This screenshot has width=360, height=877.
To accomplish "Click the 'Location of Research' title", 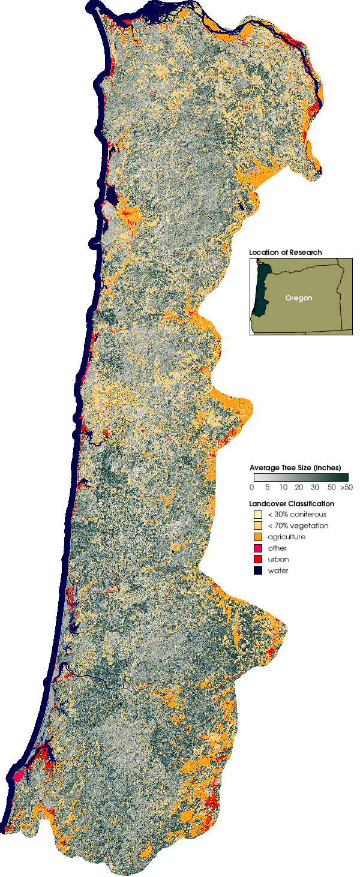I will click(285, 253).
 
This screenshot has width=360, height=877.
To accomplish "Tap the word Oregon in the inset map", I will click(298, 298).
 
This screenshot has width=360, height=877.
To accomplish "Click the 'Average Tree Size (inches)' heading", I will click(295, 467).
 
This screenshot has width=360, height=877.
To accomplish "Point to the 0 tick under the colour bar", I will click(251, 488).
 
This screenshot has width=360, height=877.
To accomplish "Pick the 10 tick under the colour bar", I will click(282, 488).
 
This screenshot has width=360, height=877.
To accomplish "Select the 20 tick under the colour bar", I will click(299, 488).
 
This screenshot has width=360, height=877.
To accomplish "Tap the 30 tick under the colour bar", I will click(315, 488).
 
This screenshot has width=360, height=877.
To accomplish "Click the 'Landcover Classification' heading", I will click(291, 504).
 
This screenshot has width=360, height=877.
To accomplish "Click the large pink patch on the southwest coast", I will click(18, 774).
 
